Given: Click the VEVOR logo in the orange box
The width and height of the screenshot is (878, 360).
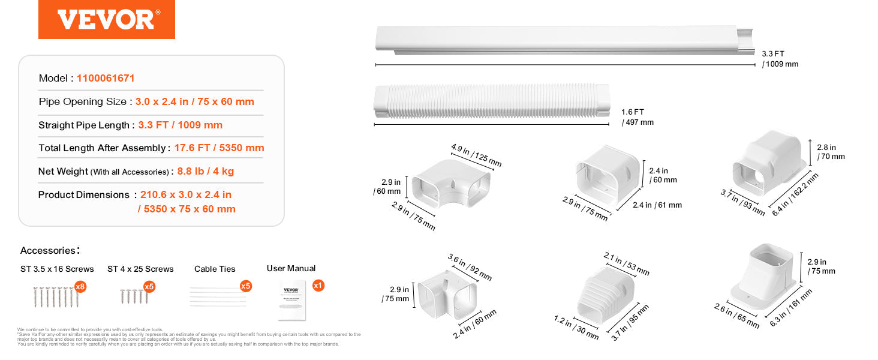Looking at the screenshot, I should tap(106, 19).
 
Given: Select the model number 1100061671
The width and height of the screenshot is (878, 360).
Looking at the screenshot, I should tap(106, 78).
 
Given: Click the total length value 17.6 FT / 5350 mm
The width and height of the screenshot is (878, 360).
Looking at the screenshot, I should tap(219, 148).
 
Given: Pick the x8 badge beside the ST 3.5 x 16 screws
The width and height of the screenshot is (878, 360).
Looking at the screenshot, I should tap(80, 287).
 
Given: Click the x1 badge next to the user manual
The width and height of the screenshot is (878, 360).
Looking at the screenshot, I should tap(318, 286).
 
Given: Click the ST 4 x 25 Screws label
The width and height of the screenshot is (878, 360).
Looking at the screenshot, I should tap(140, 269).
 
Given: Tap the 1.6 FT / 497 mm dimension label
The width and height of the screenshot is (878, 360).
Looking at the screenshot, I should tap(638, 117).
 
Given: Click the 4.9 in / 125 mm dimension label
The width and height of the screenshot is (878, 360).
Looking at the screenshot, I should tap(476, 155).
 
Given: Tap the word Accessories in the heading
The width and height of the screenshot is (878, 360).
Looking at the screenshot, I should tap(48, 250).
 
